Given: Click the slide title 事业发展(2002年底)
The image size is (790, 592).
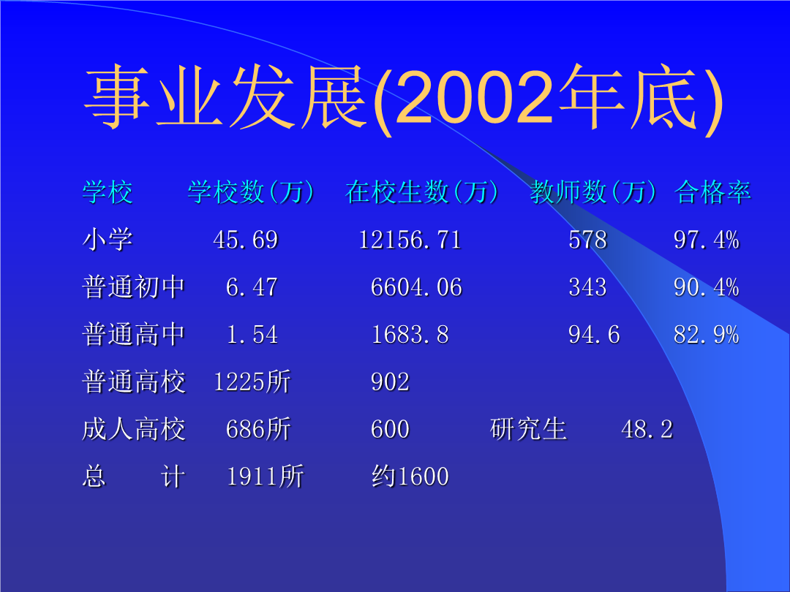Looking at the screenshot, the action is (x=404, y=99).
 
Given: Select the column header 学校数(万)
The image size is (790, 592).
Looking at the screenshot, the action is (x=252, y=191).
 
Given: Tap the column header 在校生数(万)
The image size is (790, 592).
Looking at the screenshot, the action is (x=422, y=191).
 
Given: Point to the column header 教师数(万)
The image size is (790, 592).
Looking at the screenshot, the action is (x=593, y=191).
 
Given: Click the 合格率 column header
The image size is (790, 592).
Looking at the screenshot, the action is (x=712, y=191).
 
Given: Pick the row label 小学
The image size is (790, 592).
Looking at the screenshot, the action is (x=108, y=239).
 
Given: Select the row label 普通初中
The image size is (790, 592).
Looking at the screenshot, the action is (x=134, y=287).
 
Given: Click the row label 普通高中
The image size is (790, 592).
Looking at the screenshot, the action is (x=134, y=334).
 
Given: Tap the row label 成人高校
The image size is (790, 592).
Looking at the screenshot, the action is (x=134, y=429).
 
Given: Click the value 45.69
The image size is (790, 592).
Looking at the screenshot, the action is (x=245, y=240).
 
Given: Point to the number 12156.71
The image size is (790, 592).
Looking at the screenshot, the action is (x=410, y=240).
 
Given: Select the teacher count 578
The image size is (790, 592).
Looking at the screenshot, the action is (x=587, y=240).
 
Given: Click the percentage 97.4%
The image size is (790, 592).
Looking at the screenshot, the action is (x=707, y=240).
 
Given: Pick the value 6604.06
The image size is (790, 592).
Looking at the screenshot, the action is (x=416, y=287).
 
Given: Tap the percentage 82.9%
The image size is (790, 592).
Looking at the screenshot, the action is (x=707, y=335).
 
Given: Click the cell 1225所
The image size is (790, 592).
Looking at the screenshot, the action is (x=252, y=382).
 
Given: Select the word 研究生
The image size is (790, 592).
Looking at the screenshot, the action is (x=528, y=429).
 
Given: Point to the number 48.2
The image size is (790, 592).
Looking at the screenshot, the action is (x=647, y=430).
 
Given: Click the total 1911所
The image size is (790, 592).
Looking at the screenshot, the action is (x=265, y=477).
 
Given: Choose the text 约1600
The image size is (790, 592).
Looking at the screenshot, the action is (x=410, y=477).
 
